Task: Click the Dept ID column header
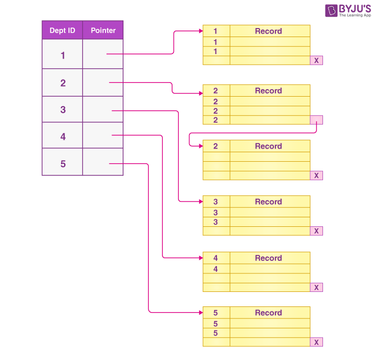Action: (62, 31)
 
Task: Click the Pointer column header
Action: (103, 31)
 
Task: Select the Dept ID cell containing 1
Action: (62, 55)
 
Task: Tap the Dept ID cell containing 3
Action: (62, 110)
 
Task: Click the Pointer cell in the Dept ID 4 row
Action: (103, 136)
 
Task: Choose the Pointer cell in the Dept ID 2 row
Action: (103, 83)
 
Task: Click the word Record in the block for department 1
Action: (268, 31)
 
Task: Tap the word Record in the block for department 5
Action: (268, 313)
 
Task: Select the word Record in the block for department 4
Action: (268, 258)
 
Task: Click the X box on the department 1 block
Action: (316, 61)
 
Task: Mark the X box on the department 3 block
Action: (316, 231)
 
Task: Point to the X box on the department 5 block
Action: (316, 342)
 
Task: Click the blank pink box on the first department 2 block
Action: (316, 120)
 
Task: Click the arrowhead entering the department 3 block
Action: (199, 202)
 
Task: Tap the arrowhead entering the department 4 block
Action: (199, 258)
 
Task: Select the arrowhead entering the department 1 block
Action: (199, 31)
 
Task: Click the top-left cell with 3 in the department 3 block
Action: (216, 202)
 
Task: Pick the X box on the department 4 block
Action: (316, 287)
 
